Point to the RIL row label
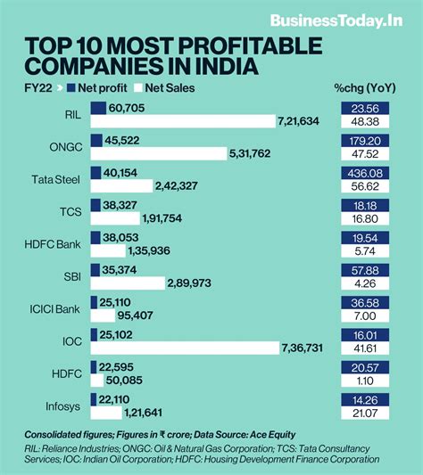click(71, 114)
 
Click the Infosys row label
click(62, 403)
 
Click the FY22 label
click(37, 87)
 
